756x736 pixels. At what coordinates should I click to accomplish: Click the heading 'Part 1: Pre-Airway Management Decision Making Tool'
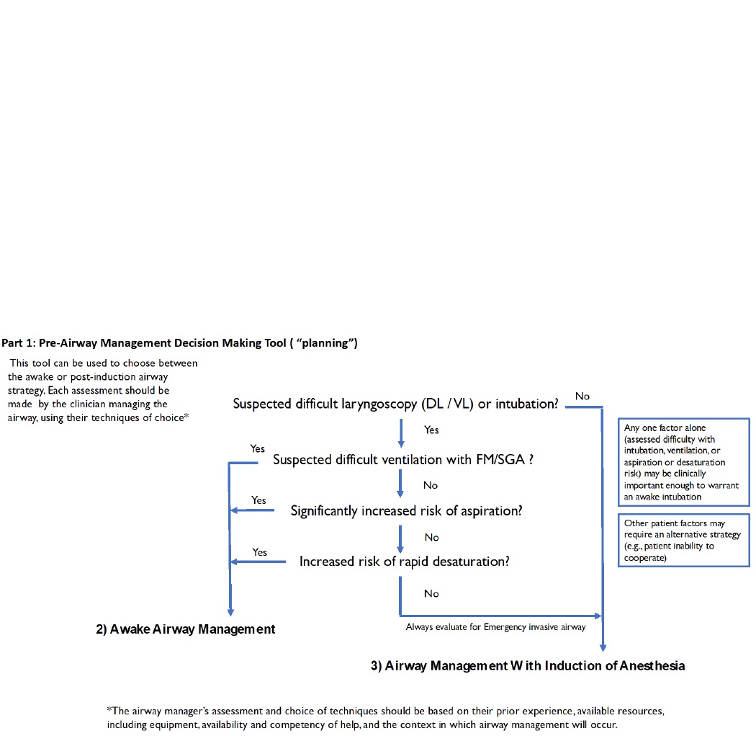[179, 344]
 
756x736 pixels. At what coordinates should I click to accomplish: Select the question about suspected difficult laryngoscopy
[395, 404]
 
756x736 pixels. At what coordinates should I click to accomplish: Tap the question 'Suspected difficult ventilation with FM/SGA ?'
[402, 459]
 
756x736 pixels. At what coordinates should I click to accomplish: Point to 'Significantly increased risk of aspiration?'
[406, 511]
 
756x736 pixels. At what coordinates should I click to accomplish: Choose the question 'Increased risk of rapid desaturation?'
[404, 562]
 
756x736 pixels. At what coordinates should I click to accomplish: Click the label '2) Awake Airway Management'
[186, 629]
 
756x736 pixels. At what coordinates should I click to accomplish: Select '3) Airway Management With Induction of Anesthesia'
[528, 666]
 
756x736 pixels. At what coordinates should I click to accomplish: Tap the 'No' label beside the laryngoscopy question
[582, 396]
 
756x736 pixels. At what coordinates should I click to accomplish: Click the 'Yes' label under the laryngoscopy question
[431, 430]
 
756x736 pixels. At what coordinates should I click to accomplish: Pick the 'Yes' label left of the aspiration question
[258, 500]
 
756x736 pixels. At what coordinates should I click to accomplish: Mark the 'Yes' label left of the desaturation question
[259, 552]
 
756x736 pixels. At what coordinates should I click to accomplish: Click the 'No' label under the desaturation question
[431, 594]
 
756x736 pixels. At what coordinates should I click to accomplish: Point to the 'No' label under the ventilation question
[431, 486]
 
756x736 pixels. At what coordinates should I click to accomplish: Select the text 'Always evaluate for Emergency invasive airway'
[495, 627]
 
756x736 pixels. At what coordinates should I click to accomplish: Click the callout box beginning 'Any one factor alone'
[683, 462]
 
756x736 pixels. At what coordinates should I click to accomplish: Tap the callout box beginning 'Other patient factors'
[683, 541]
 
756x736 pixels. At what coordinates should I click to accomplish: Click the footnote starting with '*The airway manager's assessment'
[385, 717]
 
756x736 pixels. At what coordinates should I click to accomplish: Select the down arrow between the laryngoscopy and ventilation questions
[400, 433]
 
